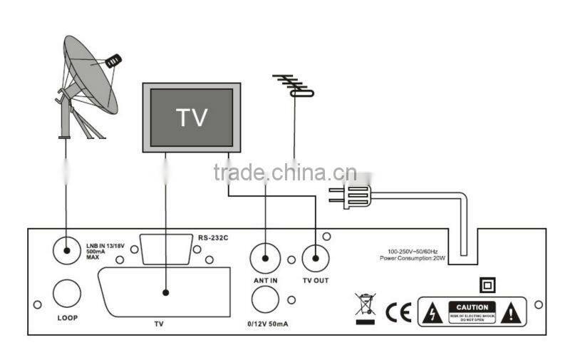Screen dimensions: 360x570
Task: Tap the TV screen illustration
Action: [x=191, y=116]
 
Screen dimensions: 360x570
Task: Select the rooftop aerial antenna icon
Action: [x=293, y=86]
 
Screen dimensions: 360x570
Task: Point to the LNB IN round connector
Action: [x=66, y=250]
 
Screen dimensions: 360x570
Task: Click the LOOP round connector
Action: [x=66, y=292]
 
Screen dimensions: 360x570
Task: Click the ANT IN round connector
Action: [x=265, y=257]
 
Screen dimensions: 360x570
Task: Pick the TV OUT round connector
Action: [x=316, y=257]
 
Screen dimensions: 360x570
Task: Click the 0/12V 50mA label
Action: [x=265, y=325]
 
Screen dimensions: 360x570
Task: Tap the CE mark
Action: [x=396, y=312]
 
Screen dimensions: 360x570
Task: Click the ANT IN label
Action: [x=265, y=280]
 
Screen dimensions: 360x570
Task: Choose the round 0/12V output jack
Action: [x=265, y=302]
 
